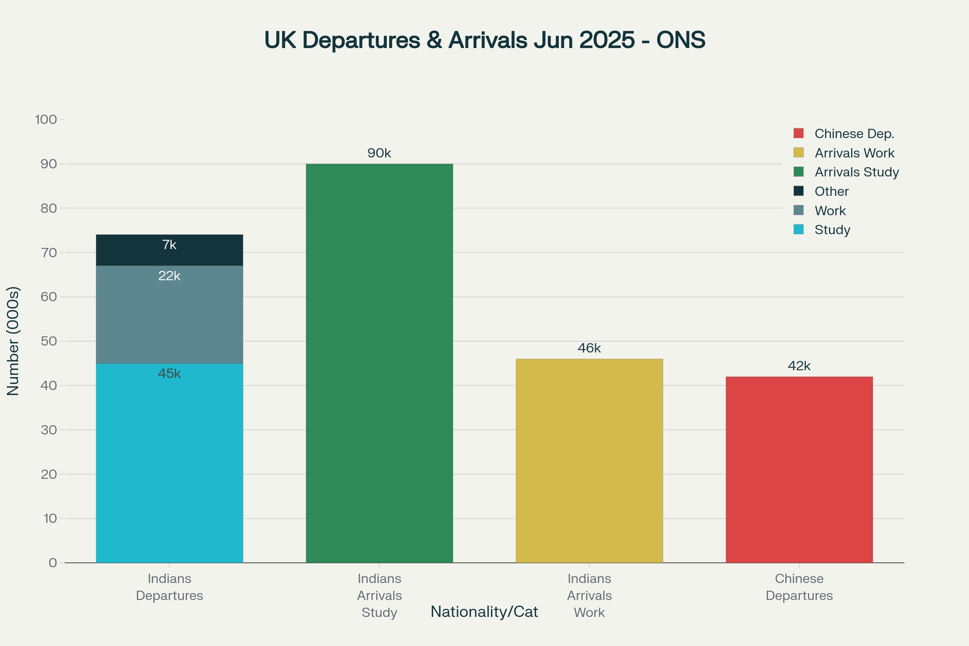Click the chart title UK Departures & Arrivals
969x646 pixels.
pos(484,40)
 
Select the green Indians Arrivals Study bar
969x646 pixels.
pos(379,363)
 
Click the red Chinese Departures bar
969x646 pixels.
pos(799,470)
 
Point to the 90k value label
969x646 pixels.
pos(379,153)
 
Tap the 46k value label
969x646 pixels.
pos(589,348)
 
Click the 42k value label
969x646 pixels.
pos(799,366)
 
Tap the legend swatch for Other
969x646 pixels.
pos(799,191)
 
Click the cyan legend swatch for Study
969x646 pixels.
pos(799,229)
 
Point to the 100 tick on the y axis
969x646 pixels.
pos(46,120)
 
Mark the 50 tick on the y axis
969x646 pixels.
pos(48,341)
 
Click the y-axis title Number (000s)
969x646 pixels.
pos(13,341)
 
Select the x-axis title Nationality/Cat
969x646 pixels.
pos(484,612)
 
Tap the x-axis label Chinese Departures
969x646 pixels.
pos(799,587)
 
